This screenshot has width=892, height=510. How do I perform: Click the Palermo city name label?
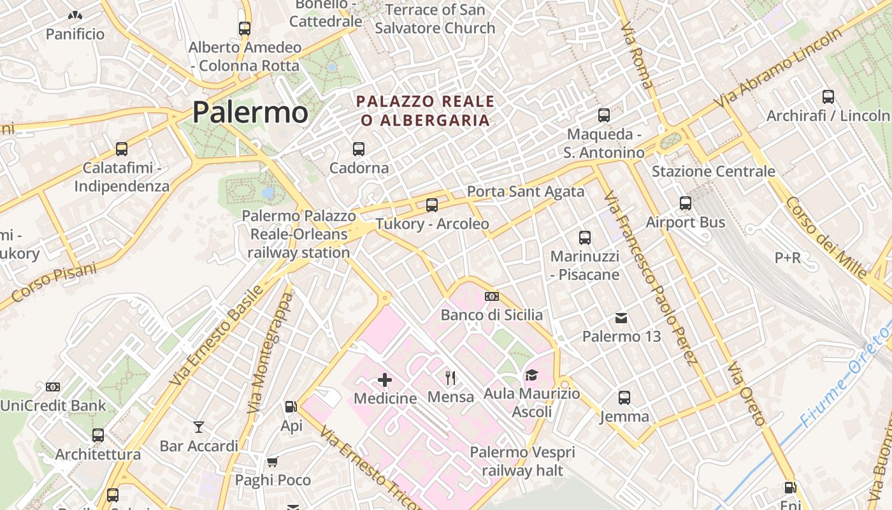coord(250,112)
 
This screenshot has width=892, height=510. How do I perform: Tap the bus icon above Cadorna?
coord(359,149)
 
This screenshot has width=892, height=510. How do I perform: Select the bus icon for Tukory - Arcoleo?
coord(432,205)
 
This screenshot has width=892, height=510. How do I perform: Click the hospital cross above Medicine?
coord(385,380)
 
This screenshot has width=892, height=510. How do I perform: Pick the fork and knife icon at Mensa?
coord(450,378)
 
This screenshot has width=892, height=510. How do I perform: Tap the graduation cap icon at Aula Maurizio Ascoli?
coord(531,375)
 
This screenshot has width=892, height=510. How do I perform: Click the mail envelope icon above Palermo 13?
coord(621,317)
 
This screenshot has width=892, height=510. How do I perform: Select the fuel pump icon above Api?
coord(291,406)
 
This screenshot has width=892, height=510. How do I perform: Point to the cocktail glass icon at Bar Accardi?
coord(199,426)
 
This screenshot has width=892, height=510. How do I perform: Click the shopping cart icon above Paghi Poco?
coord(273,462)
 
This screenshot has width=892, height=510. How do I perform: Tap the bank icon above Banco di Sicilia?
coord(492,296)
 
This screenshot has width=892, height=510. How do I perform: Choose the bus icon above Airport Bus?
coord(686,203)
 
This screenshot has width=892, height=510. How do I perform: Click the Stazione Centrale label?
coord(713,171)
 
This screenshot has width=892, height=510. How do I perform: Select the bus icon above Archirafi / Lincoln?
coord(828,97)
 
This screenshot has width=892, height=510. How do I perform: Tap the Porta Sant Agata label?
coord(526,191)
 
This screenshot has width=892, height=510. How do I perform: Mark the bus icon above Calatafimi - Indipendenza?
coord(122,149)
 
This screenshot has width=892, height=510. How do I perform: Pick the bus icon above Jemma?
coord(624,398)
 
